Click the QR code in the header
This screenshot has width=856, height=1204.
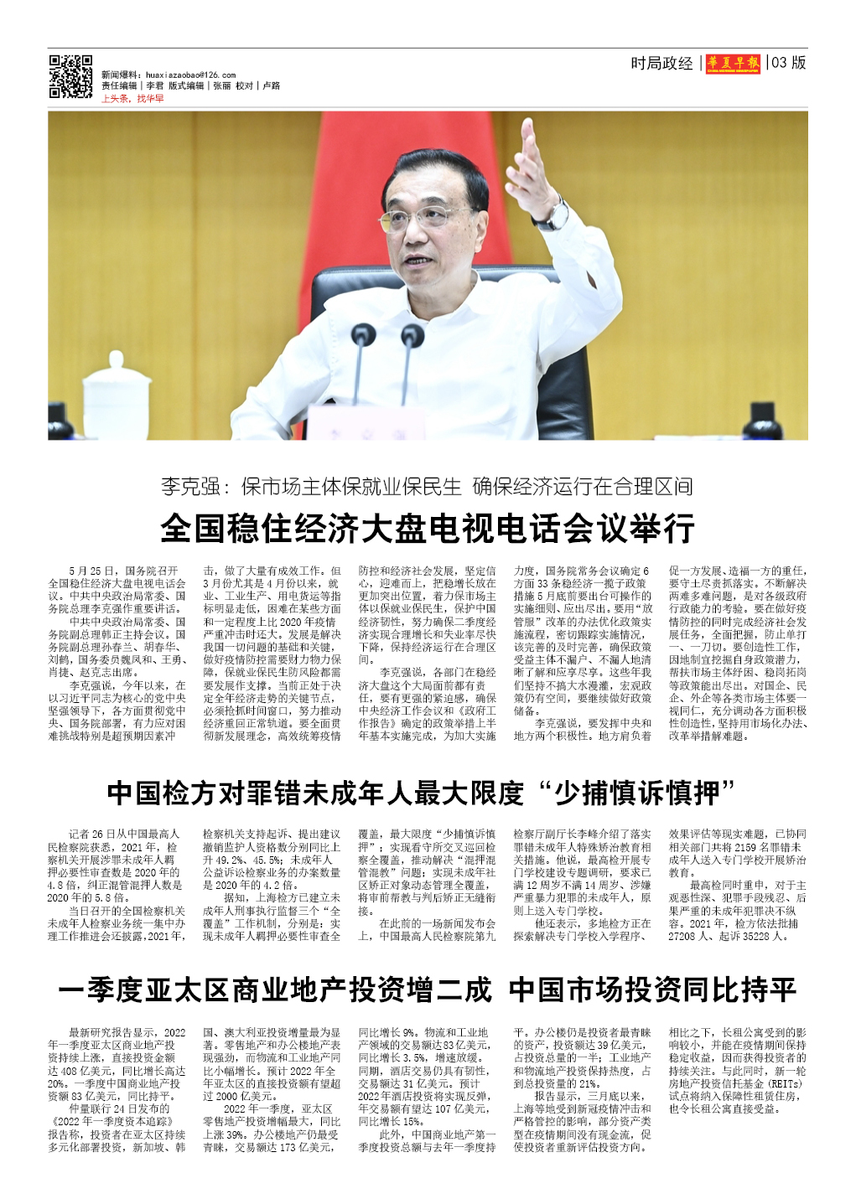pos(70,77)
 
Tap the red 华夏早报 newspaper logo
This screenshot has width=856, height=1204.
pos(733,64)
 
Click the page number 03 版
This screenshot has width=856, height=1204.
pos(789,63)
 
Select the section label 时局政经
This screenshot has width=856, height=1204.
pos(661,64)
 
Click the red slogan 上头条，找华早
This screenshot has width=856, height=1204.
pos(132,99)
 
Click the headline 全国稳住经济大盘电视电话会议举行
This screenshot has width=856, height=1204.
pos(428,529)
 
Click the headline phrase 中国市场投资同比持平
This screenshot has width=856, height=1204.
pos(652,990)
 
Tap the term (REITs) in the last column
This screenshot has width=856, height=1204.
pos(785,1083)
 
